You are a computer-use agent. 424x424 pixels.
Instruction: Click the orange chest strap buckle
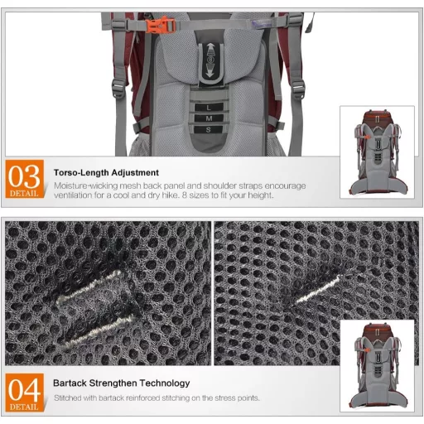click(x=161, y=26)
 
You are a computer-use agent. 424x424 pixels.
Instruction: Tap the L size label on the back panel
click(x=209, y=108)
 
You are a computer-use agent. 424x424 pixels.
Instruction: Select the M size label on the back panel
click(x=209, y=118)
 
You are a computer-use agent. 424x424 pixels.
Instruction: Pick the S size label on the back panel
click(x=209, y=129)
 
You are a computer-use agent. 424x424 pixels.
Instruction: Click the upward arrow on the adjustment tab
click(x=210, y=49)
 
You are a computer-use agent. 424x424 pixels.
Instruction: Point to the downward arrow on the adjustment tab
click(x=210, y=70)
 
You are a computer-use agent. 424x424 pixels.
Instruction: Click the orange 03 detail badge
click(x=25, y=179)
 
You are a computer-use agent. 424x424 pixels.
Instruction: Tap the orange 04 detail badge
click(x=25, y=393)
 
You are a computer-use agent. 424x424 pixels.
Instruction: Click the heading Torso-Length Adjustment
click(x=106, y=173)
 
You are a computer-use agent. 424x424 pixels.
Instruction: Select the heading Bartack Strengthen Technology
click(x=122, y=383)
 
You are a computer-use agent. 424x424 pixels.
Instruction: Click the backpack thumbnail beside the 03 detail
click(x=378, y=152)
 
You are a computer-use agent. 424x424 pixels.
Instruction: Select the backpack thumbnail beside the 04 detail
click(x=378, y=366)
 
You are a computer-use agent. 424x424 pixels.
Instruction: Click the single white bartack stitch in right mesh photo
click(x=318, y=289)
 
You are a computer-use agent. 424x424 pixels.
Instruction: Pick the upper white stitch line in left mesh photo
click(x=89, y=287)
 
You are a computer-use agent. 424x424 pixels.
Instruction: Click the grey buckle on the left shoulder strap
click(x=119, y=89)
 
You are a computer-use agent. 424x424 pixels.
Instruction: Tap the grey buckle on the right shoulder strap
click(x=298, y=89)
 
